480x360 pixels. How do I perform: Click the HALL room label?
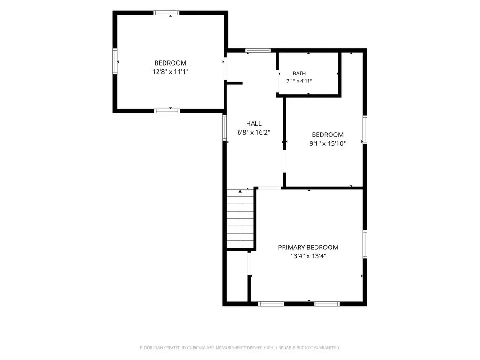pos(254,123)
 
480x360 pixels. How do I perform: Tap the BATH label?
pos(299,73)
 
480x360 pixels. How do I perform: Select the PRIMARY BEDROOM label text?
pos(308,247)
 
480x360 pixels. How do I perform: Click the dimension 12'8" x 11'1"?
pos(171,72)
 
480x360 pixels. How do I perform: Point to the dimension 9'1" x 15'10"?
pos(328,143)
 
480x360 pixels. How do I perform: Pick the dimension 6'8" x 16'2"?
pos(254,132)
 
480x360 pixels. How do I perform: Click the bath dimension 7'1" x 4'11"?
pos(299,81)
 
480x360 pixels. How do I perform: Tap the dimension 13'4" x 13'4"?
pos(308,256)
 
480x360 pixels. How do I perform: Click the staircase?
pos(240,218)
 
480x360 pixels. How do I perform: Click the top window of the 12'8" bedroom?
pos(166,13)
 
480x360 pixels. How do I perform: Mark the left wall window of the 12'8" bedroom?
pos(115,61)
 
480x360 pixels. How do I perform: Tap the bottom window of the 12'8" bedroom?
pos(167,111)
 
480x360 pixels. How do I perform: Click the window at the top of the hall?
pos(258,51)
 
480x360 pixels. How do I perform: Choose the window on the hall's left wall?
pos(225,127)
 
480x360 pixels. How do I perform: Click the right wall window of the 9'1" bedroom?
pos(365,129)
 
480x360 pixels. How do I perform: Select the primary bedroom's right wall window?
pos(365,244)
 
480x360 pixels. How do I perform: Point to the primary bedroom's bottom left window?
pos(271,304)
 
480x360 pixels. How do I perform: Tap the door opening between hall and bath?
pos(277,82)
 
